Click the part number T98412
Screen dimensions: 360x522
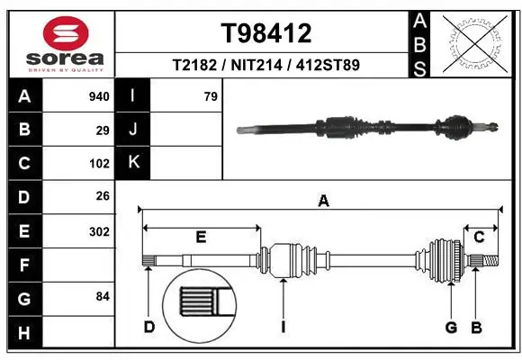(x=266, y=33)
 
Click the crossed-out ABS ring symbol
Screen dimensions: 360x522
(x=474, y=41)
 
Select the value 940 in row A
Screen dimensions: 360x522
(x=99, y=96)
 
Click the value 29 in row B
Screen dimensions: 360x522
(x=103, y=130)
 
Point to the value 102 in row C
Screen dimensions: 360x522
(x=99, y=164)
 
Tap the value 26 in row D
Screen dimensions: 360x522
(x=103, y=197)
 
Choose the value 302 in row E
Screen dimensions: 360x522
(x=99, y=231)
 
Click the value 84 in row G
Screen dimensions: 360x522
(x=103, y=296)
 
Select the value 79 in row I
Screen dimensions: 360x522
(x=211, y=96)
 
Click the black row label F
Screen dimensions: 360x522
(x=23, y=265)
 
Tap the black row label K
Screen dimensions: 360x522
(x=133, y=162)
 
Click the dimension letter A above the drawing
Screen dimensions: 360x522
(x=323, y=202)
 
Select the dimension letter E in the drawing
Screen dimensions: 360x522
(x=201, y=238)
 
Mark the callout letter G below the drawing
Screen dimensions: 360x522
(x=451, y=326)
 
